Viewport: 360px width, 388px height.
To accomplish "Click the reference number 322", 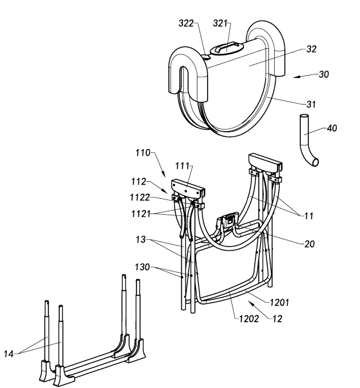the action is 186,23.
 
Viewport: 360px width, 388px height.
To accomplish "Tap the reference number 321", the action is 220,23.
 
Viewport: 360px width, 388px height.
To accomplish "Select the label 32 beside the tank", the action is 312,49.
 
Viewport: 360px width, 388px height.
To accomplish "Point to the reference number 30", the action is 324,74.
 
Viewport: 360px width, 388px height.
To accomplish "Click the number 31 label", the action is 311,105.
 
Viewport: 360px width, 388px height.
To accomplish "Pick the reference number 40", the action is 332,128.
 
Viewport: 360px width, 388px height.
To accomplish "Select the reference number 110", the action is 143,153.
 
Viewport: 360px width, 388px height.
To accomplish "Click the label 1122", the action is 140,198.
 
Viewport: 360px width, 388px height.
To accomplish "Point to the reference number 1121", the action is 140,214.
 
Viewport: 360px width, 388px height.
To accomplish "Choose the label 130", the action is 142,267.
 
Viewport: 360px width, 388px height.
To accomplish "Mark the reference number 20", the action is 309,244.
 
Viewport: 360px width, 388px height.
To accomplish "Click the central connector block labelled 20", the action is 228,220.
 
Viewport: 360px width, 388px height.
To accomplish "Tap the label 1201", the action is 279,302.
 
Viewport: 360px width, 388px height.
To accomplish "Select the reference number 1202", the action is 249,319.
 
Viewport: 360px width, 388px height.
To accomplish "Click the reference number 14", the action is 9,354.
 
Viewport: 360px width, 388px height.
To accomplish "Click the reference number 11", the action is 308,216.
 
